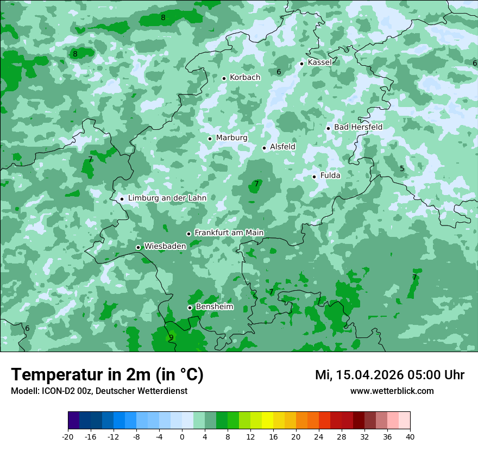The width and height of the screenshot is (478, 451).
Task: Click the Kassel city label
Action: [x=319, y=62]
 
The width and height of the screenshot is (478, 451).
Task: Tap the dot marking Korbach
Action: [x=224, y=78]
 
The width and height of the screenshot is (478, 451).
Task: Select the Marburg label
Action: [x=231, y=138]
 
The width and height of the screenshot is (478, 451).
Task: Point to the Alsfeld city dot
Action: [x=265, y=148]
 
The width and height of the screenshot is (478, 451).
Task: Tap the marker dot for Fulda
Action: [x=314, y=177]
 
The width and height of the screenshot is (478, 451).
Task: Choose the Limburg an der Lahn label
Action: [x=167, y=198]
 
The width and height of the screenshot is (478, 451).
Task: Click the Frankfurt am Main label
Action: [x=229, y=233]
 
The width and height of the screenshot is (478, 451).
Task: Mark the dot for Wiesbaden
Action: [x=138, y=248]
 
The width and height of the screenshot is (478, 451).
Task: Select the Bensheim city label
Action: [x=215, y=307]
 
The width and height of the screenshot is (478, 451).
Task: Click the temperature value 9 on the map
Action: [x=171, y=337]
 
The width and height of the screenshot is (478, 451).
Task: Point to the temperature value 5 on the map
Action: [x=402, y=168]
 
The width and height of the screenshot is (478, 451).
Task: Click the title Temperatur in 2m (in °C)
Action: [x=107, y=375]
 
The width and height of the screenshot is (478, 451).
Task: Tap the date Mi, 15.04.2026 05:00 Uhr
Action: [x=389, y=375]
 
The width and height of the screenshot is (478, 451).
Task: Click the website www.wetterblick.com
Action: [x=392, y=391]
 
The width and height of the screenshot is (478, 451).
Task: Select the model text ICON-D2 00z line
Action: [x=99, y=391]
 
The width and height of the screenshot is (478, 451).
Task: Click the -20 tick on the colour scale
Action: [x=68, y=436]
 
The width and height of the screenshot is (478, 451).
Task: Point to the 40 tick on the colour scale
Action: [x=410, y=436]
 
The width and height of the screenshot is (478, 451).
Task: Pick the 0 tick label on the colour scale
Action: [x=182, y=436]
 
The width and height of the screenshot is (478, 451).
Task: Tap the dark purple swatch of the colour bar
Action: [x=73, y=421]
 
